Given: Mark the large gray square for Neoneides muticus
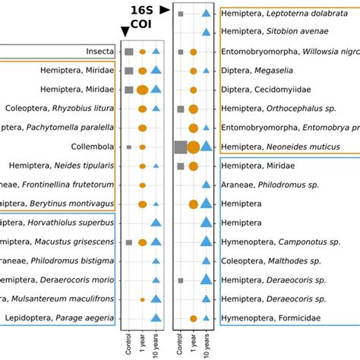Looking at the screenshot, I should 180,147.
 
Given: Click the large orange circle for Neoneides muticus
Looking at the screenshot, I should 194,147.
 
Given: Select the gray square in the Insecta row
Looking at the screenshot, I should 129,52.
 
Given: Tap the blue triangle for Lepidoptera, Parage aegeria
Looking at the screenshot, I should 156,317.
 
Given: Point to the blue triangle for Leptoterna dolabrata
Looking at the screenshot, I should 206,14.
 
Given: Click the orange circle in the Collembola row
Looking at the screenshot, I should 142,147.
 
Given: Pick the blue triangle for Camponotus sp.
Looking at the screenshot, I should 206,242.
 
